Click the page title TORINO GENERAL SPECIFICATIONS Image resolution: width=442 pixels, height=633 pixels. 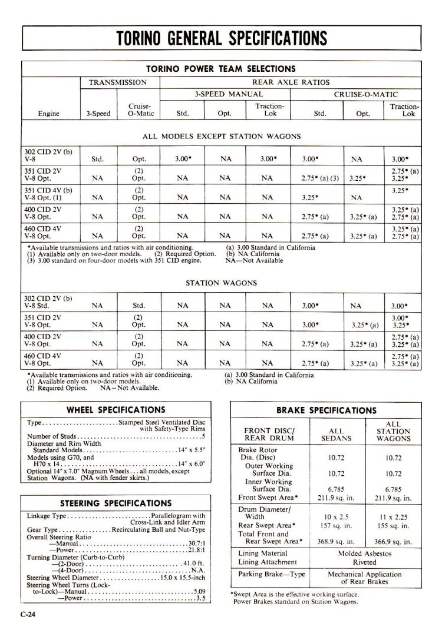pyautogui.click(x=221, y=38)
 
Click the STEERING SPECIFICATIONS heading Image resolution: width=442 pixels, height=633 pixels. pyautogui.click(x=116, y=503)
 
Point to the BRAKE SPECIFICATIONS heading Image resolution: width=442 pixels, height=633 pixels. pyautogui.click(x=325, y=410)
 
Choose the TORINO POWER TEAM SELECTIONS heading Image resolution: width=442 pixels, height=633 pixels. pyautogui.click(x=221, y=69)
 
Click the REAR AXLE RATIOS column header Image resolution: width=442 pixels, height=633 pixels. pyautogui.click(x=291, y=82)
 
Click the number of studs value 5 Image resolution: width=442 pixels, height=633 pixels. pyautogui.click(x=203, y=436)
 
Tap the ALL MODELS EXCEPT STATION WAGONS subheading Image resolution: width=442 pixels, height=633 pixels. pyautogui.click(x=221, y=136)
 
